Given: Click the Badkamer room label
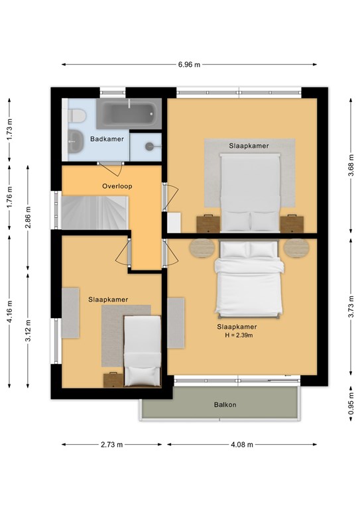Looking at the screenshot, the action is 107,139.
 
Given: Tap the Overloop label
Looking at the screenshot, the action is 117,186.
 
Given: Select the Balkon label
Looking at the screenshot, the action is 225,405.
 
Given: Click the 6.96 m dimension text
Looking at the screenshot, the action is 189,64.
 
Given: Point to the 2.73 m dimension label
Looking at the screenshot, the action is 112,445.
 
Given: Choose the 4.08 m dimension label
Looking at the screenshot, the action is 242,445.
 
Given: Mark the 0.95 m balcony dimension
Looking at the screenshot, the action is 351,404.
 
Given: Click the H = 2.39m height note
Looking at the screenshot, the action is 239,335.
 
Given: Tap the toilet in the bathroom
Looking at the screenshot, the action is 77,116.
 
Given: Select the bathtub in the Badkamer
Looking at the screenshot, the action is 129,113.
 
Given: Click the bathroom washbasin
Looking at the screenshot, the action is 76,141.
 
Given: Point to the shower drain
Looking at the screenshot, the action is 150,146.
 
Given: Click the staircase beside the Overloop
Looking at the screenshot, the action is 94,213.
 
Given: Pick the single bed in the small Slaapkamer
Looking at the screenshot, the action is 143,351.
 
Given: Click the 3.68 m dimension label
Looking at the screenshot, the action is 351,166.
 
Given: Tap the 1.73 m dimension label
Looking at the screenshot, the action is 9,129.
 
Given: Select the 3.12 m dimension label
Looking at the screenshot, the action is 29,331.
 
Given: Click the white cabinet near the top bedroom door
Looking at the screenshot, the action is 174,223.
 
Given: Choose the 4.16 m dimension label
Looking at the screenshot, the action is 9,311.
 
